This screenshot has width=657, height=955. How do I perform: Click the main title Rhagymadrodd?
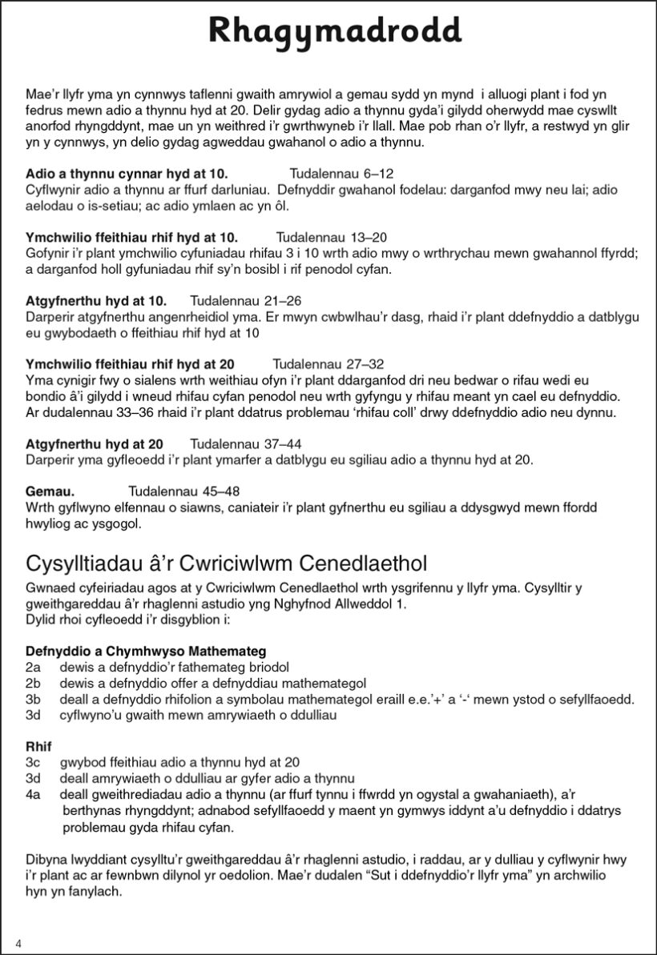[334, 33]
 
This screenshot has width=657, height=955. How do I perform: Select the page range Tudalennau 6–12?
[341, 173]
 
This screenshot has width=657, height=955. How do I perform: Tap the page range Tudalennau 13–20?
[331, 238]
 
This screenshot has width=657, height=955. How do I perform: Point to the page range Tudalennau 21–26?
[245, 301]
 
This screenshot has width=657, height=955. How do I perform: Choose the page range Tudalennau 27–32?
[328, 363]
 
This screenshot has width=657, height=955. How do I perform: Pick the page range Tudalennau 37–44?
[245, 443]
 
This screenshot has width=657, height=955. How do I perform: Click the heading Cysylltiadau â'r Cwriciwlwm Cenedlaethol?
[227, 559]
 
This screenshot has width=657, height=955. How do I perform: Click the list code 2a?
[33, 667]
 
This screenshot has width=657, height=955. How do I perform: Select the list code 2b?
[33, 683]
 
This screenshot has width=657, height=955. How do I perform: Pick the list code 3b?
[33, 699]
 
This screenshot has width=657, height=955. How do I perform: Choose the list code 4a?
[33, 793]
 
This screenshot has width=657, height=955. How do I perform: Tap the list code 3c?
[33, 762]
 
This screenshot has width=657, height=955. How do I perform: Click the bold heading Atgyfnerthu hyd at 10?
[96, 301]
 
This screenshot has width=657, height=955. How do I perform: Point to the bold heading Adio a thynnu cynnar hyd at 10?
[127, 173]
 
